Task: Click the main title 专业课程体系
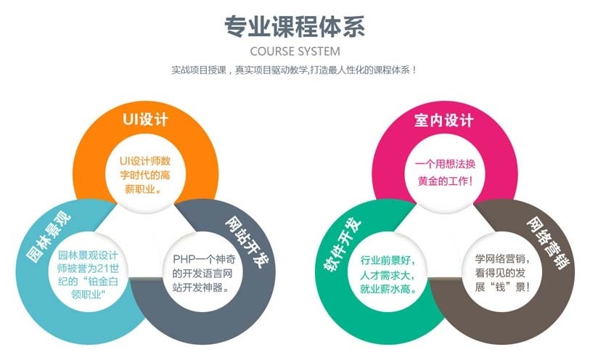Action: tap(295, 27)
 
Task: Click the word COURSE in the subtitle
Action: tap(271, 52)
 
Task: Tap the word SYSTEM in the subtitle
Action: tap(317, 52)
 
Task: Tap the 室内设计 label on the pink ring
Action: tap(444, 120)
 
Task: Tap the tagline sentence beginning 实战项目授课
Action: tap(294, 71)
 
